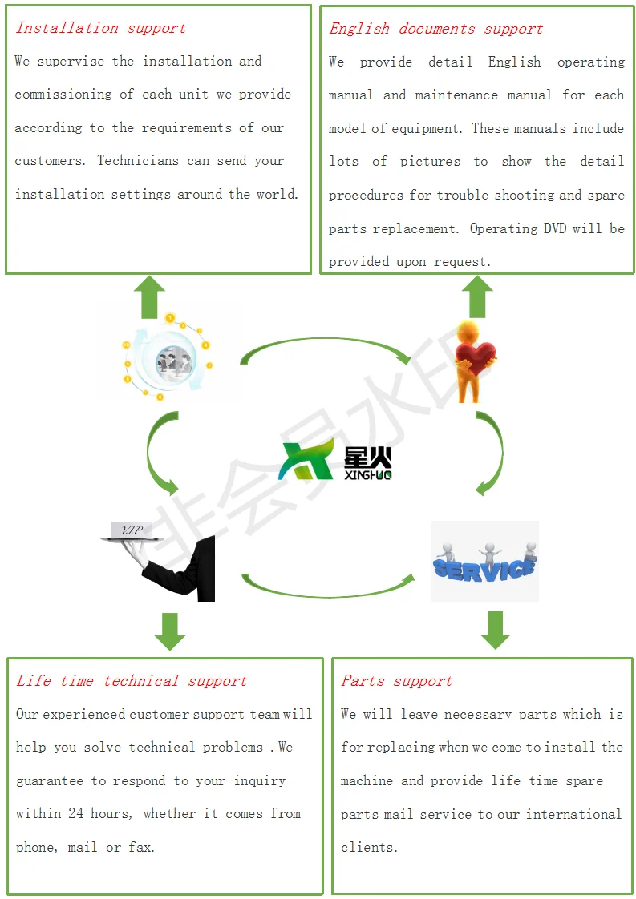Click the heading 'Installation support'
(x=100, y=28)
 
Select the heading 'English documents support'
(x=435, y=29)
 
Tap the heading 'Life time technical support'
(x=132, y=681)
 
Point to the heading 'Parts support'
(x=396, y=681)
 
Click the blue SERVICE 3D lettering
(x=484, y=567)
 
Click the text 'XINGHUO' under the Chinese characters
(x=368, y=475)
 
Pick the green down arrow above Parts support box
(x=496, y=630)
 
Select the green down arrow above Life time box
(x=169, y=631)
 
